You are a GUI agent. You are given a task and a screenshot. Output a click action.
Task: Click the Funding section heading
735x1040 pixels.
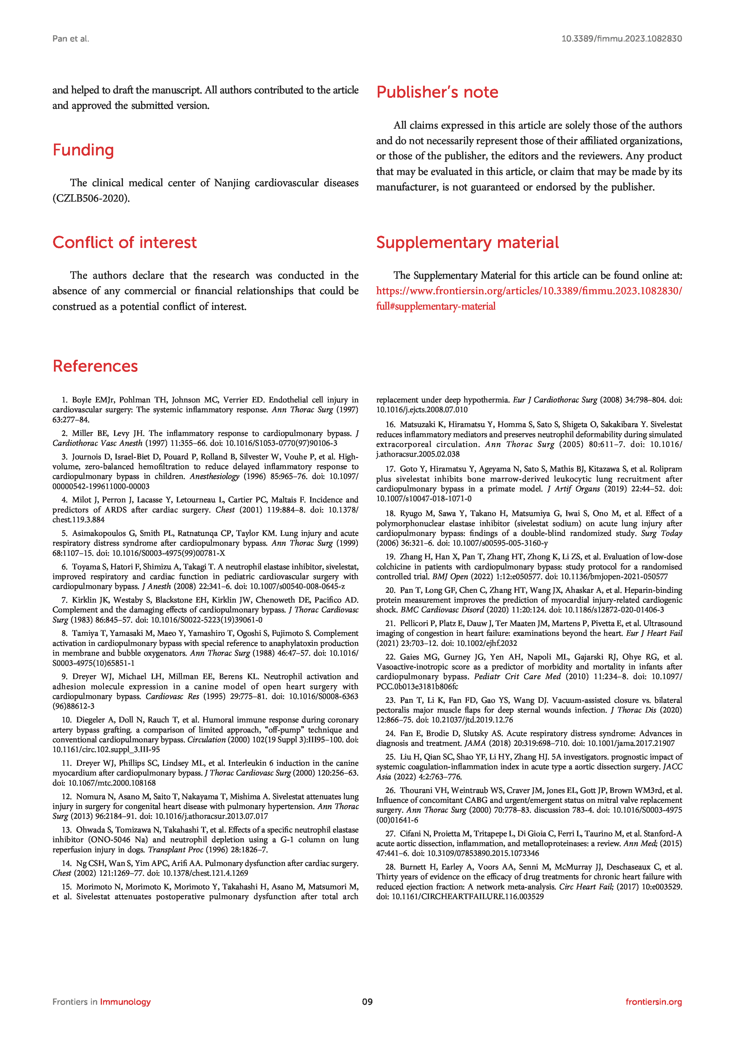tap(83, 150)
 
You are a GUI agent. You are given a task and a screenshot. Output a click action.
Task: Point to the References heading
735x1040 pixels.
tap(95, 366)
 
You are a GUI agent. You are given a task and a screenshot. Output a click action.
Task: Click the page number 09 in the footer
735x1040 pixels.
tap(367, 1001)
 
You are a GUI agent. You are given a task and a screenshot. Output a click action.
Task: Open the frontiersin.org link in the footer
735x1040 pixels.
tap(654, 1001)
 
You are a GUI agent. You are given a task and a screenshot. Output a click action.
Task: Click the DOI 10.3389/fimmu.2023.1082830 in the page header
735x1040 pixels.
tap(622, 39)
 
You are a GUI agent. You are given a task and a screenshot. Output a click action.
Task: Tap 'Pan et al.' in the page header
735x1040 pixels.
tap(71, 39)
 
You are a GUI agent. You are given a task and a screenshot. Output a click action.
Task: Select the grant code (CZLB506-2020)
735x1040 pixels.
tap(91, 198)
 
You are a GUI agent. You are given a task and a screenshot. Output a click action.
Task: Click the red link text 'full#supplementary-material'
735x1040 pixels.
tap(436, 306)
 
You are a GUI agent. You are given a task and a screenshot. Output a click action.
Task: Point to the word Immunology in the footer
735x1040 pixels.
tap(125, 1001)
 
